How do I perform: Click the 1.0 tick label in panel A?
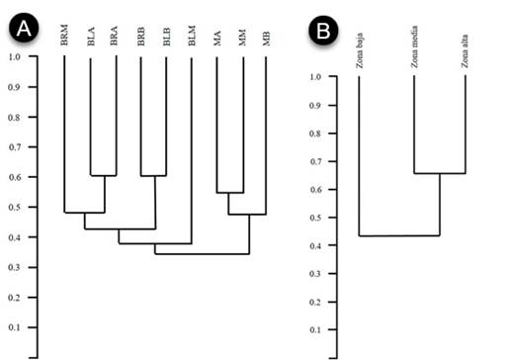coord(13,56)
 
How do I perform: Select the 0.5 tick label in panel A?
coord(13,208)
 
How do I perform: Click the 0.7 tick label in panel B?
coord(316,161)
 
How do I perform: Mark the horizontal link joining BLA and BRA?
coord(104,175)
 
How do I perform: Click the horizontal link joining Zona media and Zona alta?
coord(439,174)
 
